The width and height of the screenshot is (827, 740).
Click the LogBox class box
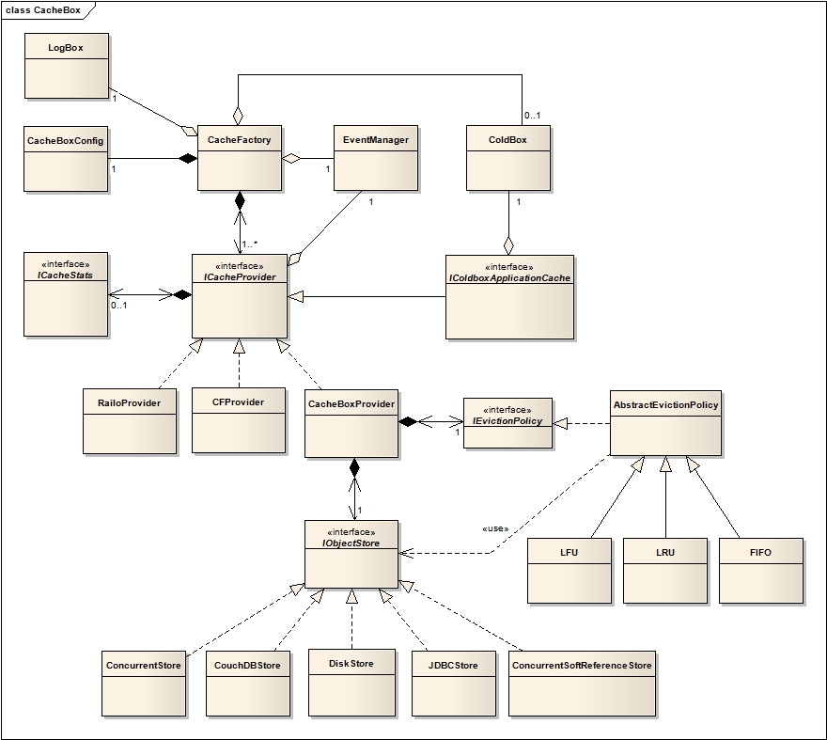point(66,66)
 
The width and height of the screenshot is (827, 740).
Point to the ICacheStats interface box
point(66,292)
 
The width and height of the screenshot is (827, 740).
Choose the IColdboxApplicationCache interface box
point(508,296)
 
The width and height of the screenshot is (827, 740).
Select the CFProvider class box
point(238,419)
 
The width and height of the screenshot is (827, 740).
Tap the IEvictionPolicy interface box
point(507,422)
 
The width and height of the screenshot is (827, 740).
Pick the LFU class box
point(569,570)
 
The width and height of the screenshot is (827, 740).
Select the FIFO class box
point(761,570)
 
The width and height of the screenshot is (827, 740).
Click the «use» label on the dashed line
point(495,528)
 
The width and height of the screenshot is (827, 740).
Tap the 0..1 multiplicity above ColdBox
point(532,116)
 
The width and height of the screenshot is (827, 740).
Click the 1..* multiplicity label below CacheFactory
point(250,244)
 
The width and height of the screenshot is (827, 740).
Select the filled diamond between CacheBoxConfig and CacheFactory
point(188,158)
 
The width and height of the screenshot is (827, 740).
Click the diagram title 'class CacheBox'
point(44,9)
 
